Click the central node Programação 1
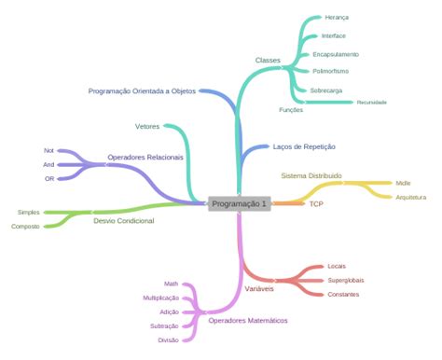click(x=239, y=203)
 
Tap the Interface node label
click(x=333, y=35)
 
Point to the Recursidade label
click(x=371, y=103)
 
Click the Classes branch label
click(x=268, y=60)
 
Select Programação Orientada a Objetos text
click(x=143, y=90)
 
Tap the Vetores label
click(x=147, y=125)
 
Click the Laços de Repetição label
click(x=304, y=146)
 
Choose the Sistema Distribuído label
click(x=311, y=174)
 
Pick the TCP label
click(x=316, y=203)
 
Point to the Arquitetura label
click(x=410, y=198)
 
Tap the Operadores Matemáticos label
click(x=248, y=321)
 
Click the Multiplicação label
click(x=160, y=298)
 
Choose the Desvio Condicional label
click(x=124, y=221)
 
